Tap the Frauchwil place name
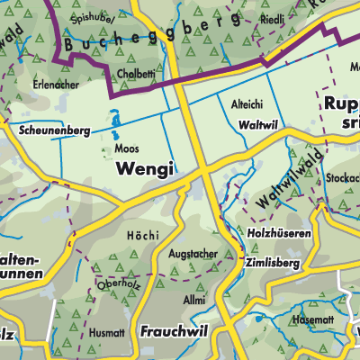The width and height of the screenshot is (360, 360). click(x=175, y=332)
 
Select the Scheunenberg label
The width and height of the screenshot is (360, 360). click(x=54, y=130)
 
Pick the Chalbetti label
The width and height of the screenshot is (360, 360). click(x=136, y=74)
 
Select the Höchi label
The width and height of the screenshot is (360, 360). click(x=145, y=235)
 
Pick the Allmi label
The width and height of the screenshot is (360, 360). click(x=193, y=298)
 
